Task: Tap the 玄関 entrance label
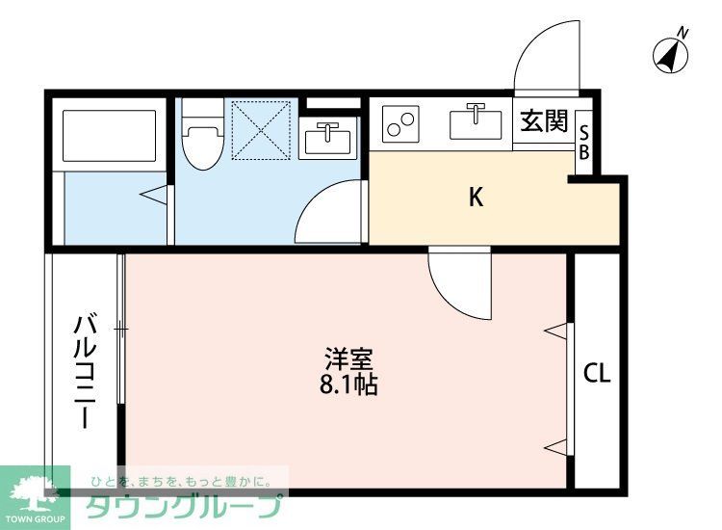point(544,121)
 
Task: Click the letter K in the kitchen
point(476,198)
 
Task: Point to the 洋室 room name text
point(348,359)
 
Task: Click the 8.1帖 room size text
point(348,386)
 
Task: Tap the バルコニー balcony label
point(85,371)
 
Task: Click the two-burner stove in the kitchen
point(400,123)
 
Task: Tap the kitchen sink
point(475,123)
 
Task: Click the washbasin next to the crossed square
point(329,139)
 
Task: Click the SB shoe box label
point(583,143)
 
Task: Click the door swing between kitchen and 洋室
point(458,281)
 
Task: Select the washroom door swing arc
point(326,214)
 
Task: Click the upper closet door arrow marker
point(554,331)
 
